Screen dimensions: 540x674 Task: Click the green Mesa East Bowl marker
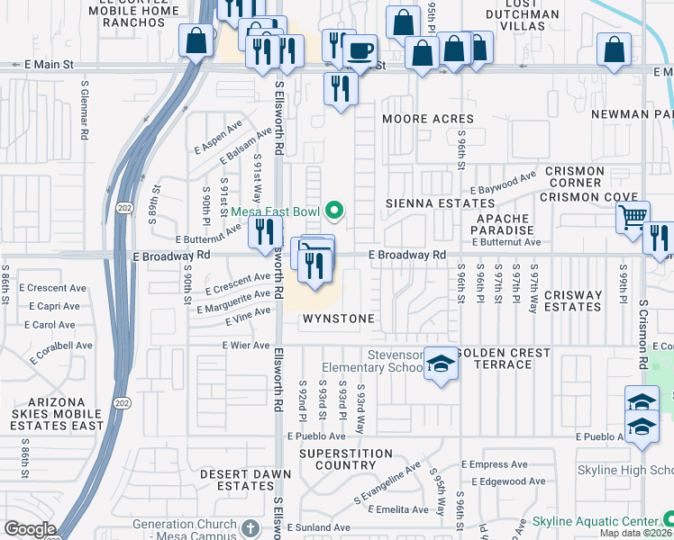[x=335, y=211]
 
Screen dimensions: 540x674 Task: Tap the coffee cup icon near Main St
[x=360, y=50]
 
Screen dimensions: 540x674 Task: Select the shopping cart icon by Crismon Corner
[x=633, y=216]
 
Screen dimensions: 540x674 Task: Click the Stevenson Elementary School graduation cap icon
[x=440, y=364]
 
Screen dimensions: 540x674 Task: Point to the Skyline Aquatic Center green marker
[x=668, y=520]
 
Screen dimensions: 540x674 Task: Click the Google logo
[x=30, y=529]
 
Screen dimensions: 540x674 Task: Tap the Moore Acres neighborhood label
[x=428, y=119]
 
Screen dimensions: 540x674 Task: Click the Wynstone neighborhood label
[x=338, y=319]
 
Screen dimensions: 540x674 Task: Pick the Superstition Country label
[x=338, y=459]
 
